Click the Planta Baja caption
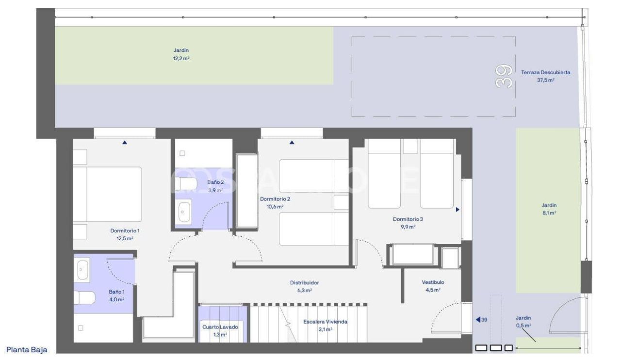pyautogui.click(x=27, y=349)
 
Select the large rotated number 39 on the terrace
pyautogui.click(x=504, y=76)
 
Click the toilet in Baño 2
pyautogui.click(x=184, y=184)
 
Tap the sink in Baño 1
pyautogui.click(x=83, y=269)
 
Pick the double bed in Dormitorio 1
pyautogui.click(x=108, y=194)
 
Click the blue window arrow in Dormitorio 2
pyautogui.click(x=292, y=143)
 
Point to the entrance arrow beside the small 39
pyautogui.click(x=478, y=320)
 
